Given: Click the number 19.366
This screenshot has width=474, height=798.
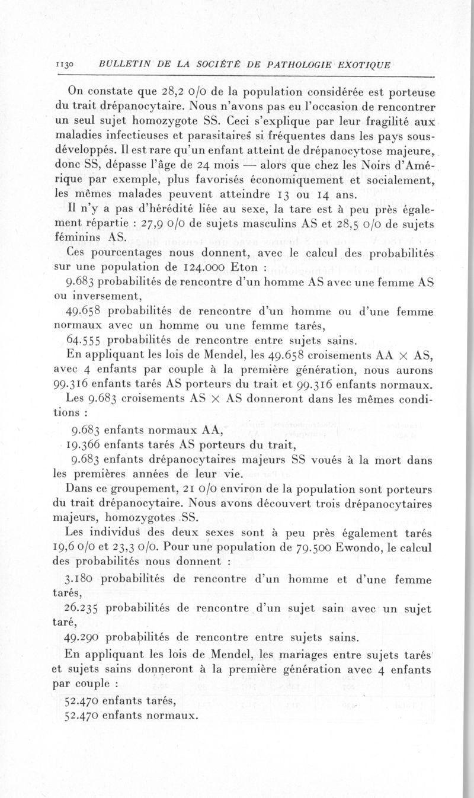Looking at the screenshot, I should pyautogui.click(x=87, y=443).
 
